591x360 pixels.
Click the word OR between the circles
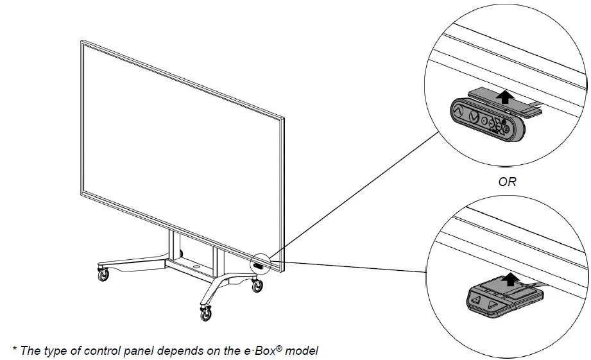pyautogui.click(x=507, y=182)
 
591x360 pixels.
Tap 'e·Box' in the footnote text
pyautogui.click(x=259, y=350)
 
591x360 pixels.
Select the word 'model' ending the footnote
pyautogui.click(x=302, y=350)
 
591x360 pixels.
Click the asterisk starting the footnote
pyautogui.click(x=14, y=348)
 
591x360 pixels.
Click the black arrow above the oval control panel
pyautogui.click(x=504, y=96)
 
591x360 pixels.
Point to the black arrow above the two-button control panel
pyautogui.click(x=510, y=279)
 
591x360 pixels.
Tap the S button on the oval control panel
pyautogui.click(x=506, y=129)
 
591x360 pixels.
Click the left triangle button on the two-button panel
pyautogui.click(x=476, y=300)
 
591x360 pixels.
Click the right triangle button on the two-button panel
pyautogui.click(x=491, y=304)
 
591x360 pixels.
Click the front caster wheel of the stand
pyautogui.click(x=206, y=314)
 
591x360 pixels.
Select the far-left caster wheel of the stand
pyautogui.click(x=103, y=275)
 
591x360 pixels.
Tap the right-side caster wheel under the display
pyautogui.click(x=257, y=286)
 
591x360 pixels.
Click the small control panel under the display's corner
pyautogui.click(x=258, y=266)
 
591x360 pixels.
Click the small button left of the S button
pyautogui.click(x=499, y=126)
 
